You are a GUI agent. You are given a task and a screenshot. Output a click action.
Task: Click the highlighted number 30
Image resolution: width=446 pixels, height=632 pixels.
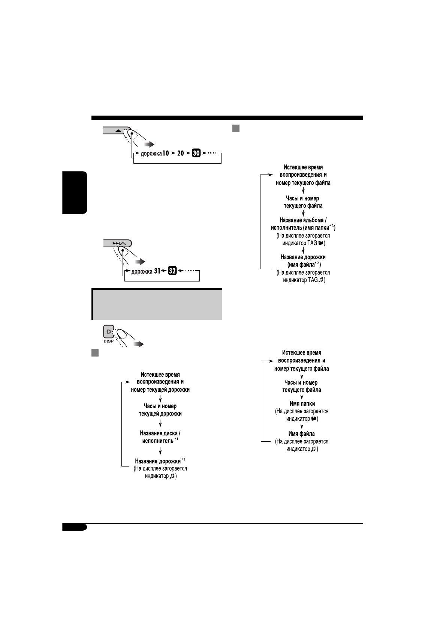(196, 153)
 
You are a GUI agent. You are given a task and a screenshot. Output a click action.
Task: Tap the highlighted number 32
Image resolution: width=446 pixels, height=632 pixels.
(172, 271)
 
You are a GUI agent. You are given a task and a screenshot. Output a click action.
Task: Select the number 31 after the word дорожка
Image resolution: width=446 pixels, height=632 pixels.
(157, 271)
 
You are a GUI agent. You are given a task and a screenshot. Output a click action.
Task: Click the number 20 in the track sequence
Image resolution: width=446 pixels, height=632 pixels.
(181, 153)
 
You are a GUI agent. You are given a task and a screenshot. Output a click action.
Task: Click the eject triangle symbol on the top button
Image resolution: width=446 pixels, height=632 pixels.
(118, 131)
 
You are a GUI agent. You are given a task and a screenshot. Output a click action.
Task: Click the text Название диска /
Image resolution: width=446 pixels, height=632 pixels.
(160, 433)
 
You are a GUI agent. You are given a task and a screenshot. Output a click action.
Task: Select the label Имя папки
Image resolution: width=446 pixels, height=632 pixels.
(302, 404)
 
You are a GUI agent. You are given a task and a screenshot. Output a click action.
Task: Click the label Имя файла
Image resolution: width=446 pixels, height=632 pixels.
(302, 434)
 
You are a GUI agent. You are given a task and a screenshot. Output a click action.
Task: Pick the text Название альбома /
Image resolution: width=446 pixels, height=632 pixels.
(303, 220)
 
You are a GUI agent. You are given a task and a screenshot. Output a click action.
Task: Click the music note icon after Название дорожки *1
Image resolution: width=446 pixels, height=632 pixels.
(172, 476)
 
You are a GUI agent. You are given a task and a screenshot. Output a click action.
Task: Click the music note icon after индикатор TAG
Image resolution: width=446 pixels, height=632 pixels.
(320, 280)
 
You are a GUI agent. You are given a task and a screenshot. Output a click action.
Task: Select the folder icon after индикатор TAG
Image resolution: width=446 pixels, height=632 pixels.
(320, 243)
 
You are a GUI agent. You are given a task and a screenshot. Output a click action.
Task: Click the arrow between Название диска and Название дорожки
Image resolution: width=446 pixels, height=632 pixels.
(160, 451)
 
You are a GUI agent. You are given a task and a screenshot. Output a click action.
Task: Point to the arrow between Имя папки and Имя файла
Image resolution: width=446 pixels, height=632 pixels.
(302, 426)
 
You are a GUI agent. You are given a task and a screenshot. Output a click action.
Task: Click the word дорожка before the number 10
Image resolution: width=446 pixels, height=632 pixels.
(151, 153)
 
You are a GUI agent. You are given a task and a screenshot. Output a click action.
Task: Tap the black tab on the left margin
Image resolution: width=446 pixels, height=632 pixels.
(75, 193)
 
